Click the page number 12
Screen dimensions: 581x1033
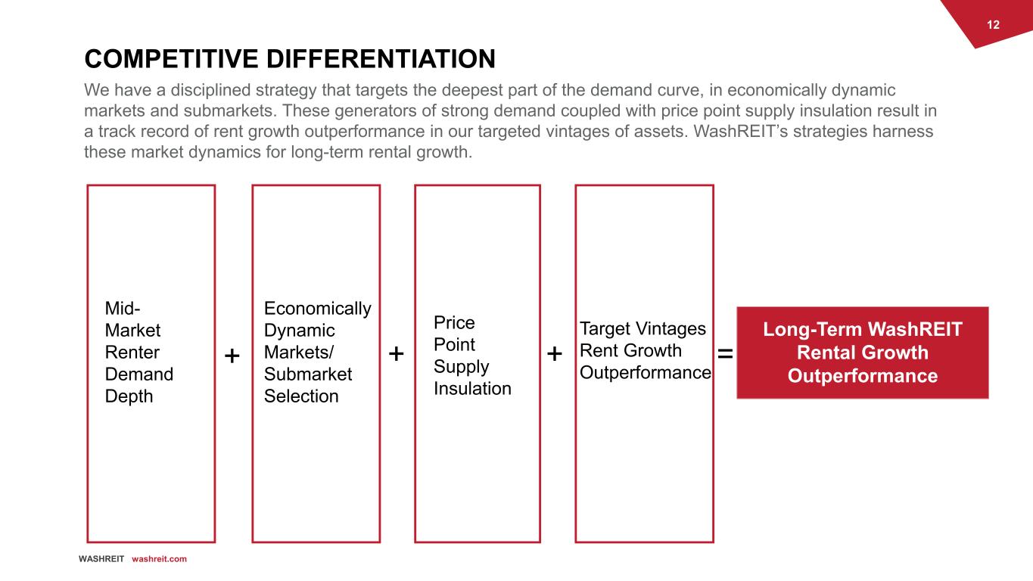[x=993, y=25]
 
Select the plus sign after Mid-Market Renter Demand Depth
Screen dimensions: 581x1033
[x=232, y=356]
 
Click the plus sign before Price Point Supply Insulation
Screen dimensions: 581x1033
[x=397, y=353]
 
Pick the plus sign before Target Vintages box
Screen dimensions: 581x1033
[x=555, y=353]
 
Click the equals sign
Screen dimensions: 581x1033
[x=725, y=353]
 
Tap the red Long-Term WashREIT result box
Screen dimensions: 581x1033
[x=862, y=353]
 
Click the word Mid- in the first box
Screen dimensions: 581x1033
[x=123, y=308]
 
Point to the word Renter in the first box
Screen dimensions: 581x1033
[x=132, y=352]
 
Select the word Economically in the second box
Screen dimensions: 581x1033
[x=317, y=308]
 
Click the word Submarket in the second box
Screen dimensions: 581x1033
[x=307, y=374]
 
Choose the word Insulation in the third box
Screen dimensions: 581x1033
[x=472, y=388]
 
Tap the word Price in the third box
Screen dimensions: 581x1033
[x=454, y=322]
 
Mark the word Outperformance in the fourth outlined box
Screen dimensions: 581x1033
[x=645, y=372]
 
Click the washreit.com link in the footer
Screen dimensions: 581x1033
[x=159, y=559]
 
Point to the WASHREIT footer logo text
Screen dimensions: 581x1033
[x=101, y=559]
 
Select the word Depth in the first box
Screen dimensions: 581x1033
[x=129, y=396]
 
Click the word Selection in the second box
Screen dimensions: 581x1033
[x=301, y=396]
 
